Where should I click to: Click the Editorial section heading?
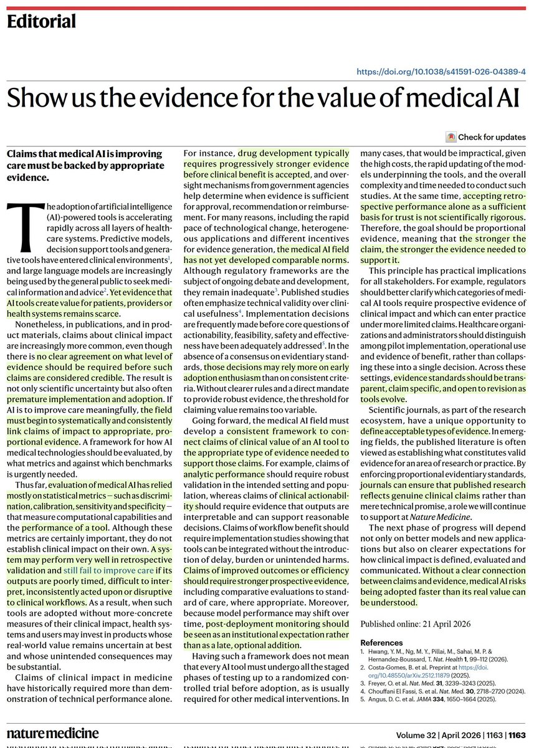41,22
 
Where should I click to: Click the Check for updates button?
492,137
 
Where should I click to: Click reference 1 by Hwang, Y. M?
449,654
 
